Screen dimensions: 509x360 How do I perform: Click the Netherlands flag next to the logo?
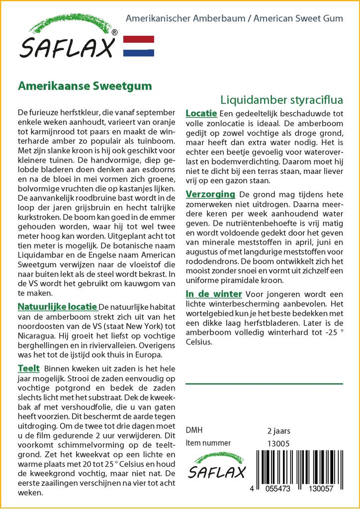138,46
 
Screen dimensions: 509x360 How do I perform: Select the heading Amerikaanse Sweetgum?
85,85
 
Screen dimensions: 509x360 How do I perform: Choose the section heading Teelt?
28,368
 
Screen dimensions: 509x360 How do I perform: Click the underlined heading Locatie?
201,113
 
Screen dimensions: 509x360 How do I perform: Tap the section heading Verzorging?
210,194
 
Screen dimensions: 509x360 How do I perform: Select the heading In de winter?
214,294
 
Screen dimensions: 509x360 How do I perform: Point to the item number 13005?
278,443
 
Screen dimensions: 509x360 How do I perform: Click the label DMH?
194,430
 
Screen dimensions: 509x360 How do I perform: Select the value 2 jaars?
278,430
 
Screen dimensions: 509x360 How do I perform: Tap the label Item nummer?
208,443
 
